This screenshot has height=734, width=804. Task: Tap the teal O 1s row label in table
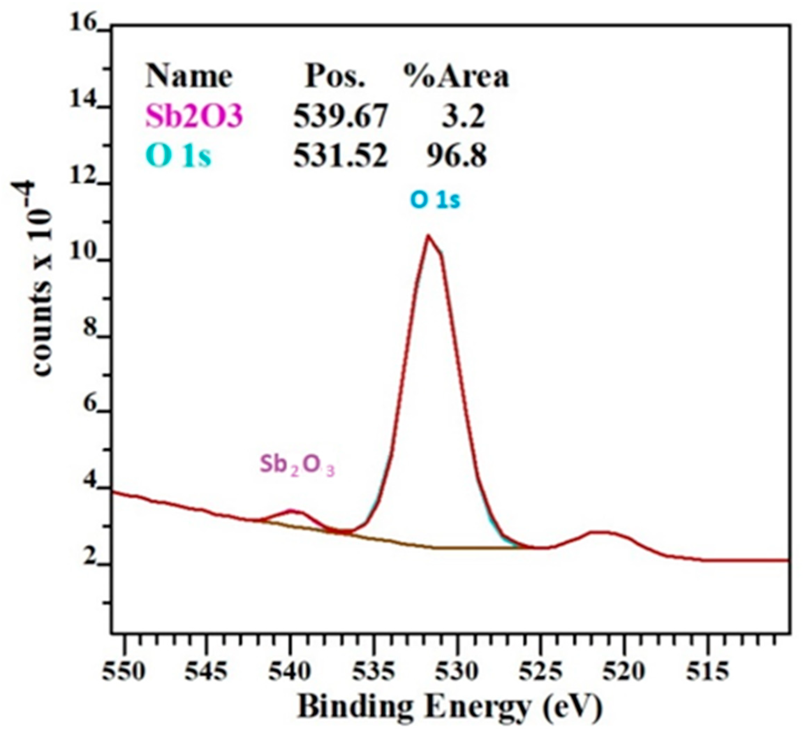click(178, 156)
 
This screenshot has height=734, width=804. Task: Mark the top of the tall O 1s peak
click(428, 236)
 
